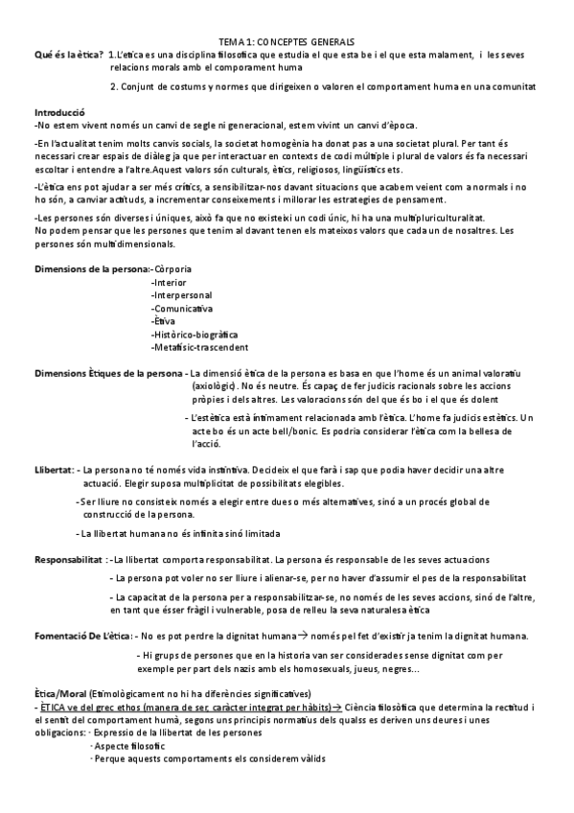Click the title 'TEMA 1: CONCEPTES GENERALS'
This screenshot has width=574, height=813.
click(x=286, y=43)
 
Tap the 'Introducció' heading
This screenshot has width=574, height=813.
click(x=60, y=111)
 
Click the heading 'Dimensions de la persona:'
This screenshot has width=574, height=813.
click(x=92, y=269)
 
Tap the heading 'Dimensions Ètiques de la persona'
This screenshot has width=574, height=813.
click(x=107, y=372)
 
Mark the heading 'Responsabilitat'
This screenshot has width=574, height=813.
click(x=69, y=559)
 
